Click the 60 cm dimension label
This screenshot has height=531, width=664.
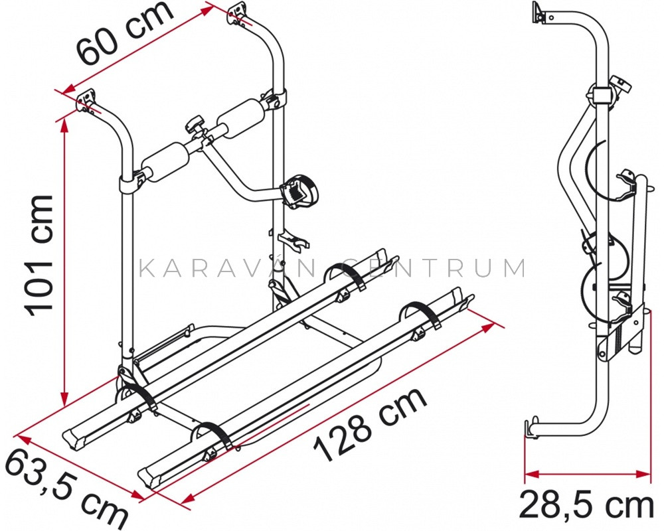(125, 33)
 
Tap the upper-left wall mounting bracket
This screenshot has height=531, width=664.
(87, 101)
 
